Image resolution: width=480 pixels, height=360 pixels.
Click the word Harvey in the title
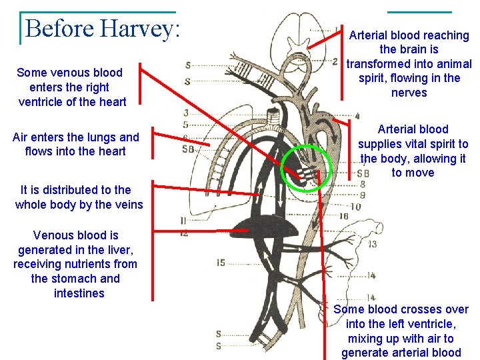pyautogui.click(x=139, y=29)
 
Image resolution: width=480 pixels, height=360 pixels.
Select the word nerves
pyautogui.click(x=409, y=93)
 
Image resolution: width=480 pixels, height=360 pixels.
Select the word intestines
pyautogui.click(x=79, y=293)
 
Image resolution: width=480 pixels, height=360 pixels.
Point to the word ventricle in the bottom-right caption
pyautogui.click(x=431, y=324)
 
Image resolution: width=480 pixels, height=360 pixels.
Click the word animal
pyautogui.click(x=454, y=64)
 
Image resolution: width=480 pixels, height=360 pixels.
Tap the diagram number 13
pyautogui.click(x=371, y=244)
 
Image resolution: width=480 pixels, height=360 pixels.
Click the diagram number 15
pyautogui.click(x=221, y=263)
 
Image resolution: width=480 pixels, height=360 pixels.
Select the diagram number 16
pyautogui.click(x=343, y=216)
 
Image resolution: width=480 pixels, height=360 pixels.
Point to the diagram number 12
pyautogui.click(x=183, y=233)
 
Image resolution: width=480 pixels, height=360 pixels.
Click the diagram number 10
pyautogui.click(x=355, y=207)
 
